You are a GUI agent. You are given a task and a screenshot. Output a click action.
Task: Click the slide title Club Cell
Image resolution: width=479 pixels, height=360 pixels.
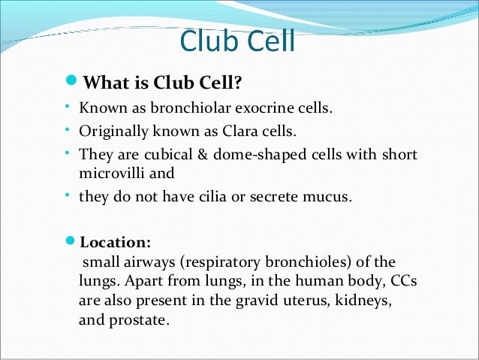[x=238, y=43]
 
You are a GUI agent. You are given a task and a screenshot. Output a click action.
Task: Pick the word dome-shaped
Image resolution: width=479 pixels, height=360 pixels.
[x=238, y=155]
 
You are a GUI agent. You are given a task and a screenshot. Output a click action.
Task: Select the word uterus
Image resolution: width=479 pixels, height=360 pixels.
[x=295, y=299]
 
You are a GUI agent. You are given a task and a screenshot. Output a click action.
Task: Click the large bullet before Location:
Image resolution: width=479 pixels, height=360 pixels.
[x=71, y=242]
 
